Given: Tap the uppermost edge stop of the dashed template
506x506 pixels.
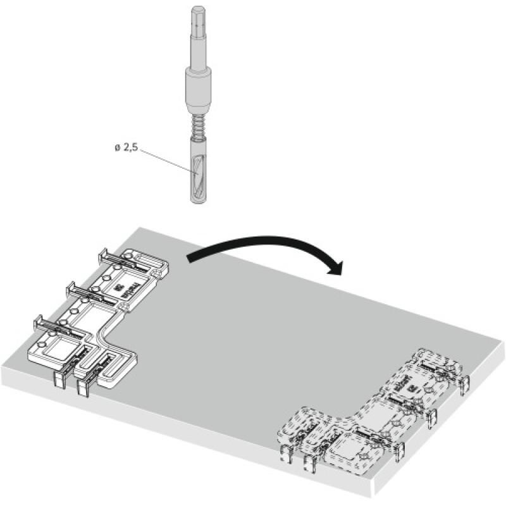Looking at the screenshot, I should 466,383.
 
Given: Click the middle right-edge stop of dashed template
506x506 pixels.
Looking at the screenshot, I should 433,415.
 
